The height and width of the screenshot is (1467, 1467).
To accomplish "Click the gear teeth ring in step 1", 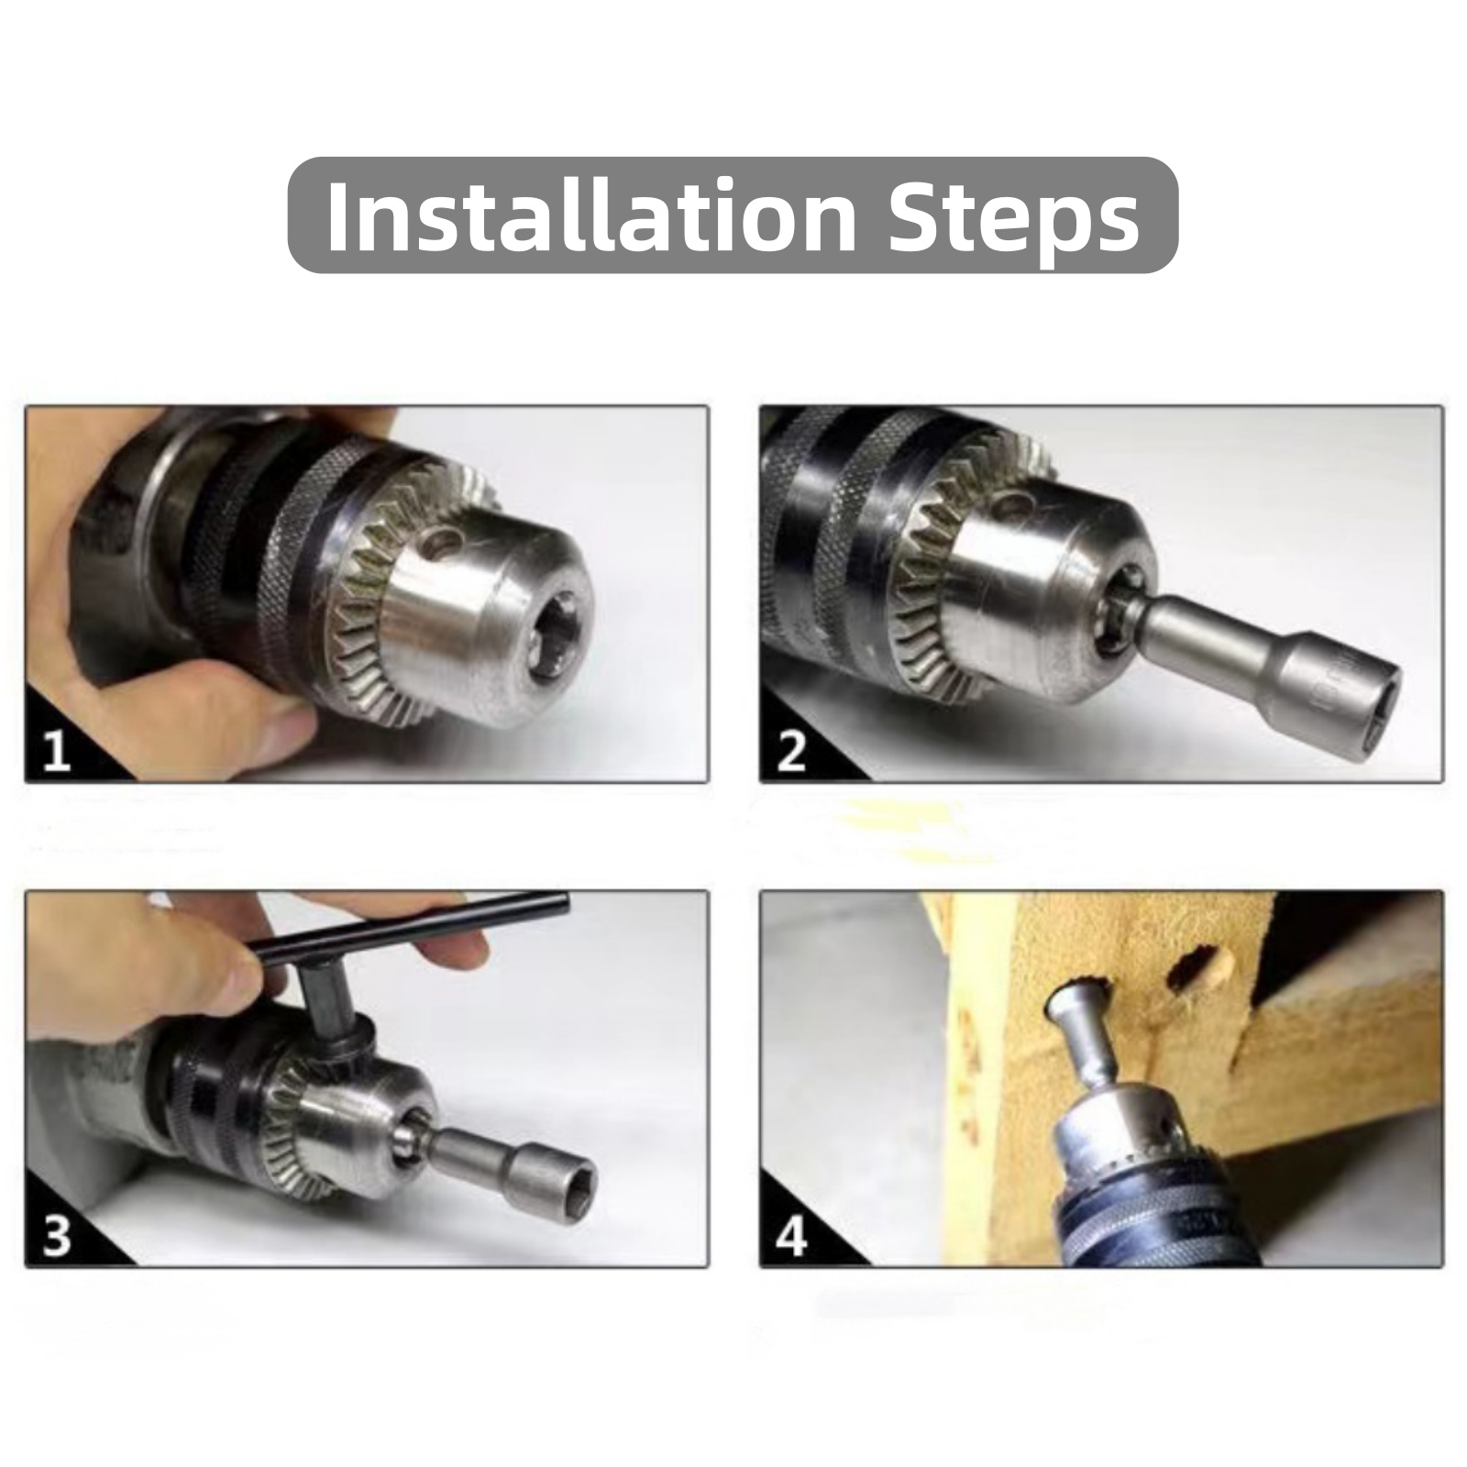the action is [x=385, y=623].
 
